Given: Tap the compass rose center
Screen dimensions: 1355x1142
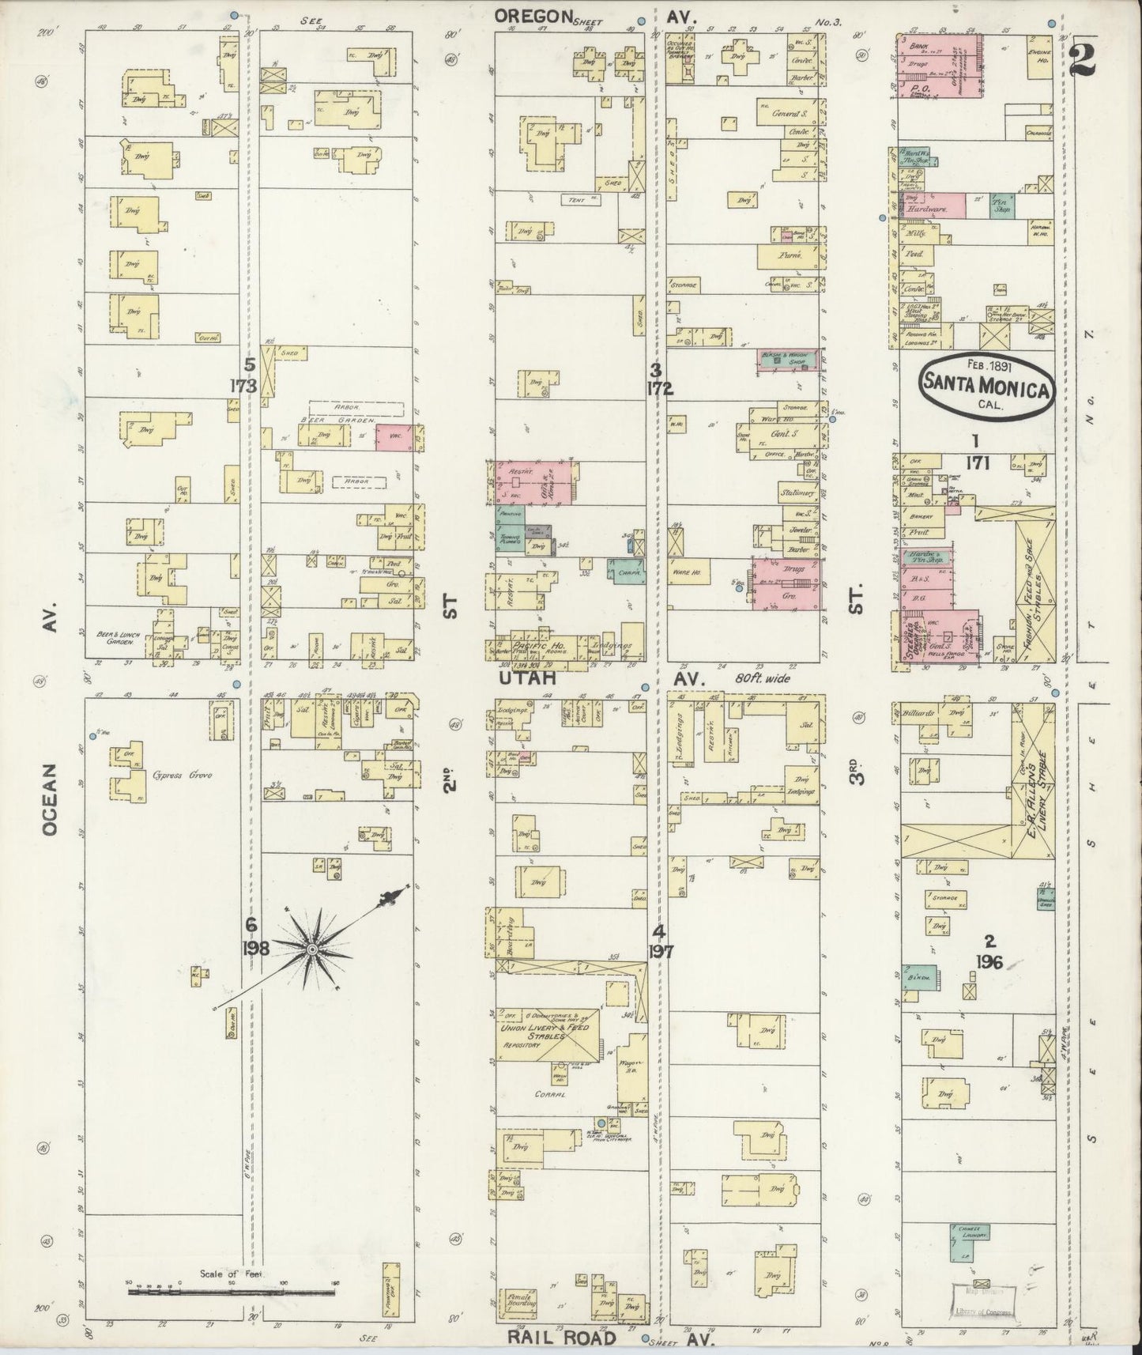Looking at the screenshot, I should click(313, 948).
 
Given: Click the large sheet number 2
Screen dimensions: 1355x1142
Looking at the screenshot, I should click(1084, 59).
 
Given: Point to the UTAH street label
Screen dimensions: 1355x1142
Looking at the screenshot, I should click(528, 678).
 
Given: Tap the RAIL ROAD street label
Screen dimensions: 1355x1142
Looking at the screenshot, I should click(551, 1338).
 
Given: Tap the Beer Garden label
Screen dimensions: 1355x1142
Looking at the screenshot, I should click(326, 421).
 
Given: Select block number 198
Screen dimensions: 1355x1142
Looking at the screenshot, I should click(252, 948).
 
